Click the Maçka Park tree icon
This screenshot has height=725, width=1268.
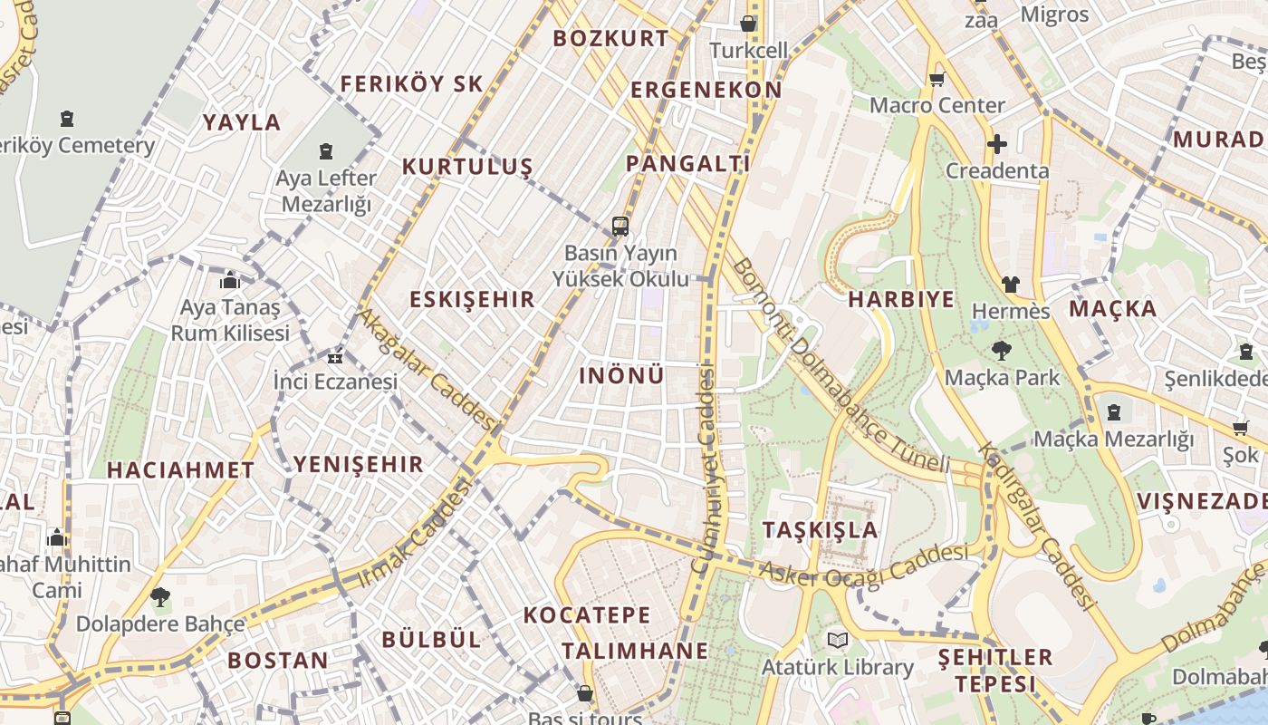click(1001, 350)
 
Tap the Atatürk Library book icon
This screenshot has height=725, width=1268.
click(838, 641)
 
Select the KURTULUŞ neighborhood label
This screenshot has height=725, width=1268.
click(467, 167)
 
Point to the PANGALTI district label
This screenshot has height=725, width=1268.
click(688, 164)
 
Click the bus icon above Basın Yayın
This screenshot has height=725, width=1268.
click(620, 226)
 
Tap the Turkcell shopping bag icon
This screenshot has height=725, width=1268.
click(748, 23)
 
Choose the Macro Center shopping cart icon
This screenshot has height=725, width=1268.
click(937, 79)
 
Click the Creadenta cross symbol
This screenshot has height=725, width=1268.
click(996, 144)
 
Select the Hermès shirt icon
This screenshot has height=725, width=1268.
click(1011, 285)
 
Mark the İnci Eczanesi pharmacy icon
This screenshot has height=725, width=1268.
click(335, 356)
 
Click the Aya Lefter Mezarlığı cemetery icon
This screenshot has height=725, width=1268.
click(326, 151)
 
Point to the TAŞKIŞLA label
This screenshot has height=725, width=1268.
click(821, 529)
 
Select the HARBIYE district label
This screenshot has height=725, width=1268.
click(901, 300)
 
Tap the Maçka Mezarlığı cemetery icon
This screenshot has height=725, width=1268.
click(1113, 413)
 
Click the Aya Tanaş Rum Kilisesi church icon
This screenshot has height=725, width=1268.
click(230, 280)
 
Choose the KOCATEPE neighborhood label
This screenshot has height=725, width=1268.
click(587, 615)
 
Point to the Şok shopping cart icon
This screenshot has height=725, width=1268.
click(1240, 428)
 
